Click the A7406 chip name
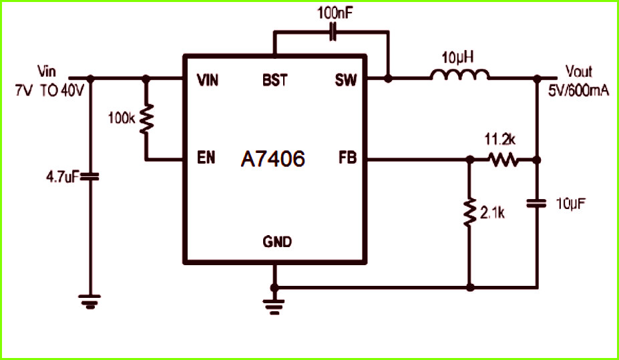(x=273, y=159)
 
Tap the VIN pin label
(x=208, y=81)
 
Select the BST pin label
(x=274, y=80)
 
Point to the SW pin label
(x=346, y=81)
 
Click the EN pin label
(x=206, y=158)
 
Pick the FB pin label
(x=347, y=158)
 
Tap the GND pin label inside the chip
(x=277, y=241)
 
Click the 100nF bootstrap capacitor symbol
(x=333, y=32)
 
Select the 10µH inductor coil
(x=460, y=75)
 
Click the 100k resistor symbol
(x=146, y=118)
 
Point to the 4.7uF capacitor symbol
(x=90, y=178)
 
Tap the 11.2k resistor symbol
(x=503, y=160)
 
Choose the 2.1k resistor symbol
(x=470, y=212)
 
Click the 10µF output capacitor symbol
(x=536, y=203)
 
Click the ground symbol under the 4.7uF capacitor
(x=89, y=301)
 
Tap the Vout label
(x=579, y=72)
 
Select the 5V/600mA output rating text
(x=579, y=92)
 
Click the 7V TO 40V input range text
(x=49, y=92)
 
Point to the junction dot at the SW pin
(x=389, y=79)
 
